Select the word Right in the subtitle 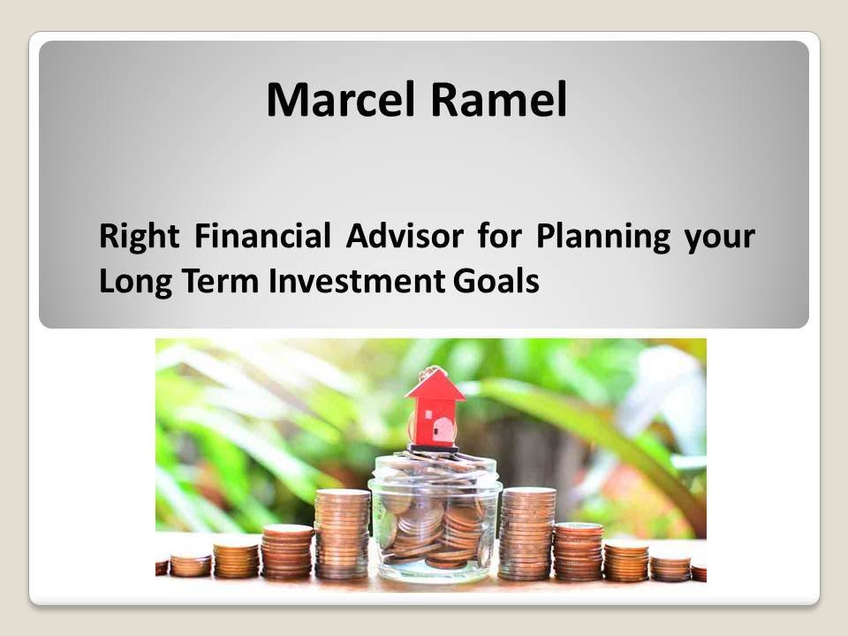tap(139, 238)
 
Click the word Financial tap(262, 236)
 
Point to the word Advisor tap(405, 236)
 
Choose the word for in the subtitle tap(500, 236)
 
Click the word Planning tap(603, 238)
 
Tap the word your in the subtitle tap(720, 239)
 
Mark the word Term tap(220, 281)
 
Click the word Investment tap(357, 281)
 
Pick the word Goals tap(496, 281)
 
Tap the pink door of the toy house tap(444, 430)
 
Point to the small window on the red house tap(429, 415)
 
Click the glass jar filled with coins tap(435, 517)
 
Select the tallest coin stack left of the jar tap(343, 534)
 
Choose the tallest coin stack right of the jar tap(526, 534)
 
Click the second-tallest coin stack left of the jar tap(287, 551)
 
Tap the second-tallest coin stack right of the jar tap(578, 551)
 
